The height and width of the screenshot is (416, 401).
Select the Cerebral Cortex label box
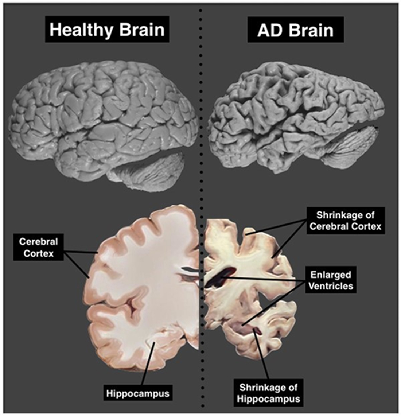38,247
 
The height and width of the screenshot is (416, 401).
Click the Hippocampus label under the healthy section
138,393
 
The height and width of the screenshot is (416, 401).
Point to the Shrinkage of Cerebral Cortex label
346,221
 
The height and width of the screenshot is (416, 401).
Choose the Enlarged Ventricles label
331,280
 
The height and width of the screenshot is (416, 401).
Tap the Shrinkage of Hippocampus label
268,393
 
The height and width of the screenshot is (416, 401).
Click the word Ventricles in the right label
331,286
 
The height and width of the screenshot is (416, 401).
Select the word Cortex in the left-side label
38,253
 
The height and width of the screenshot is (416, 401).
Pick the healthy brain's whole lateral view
104,124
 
